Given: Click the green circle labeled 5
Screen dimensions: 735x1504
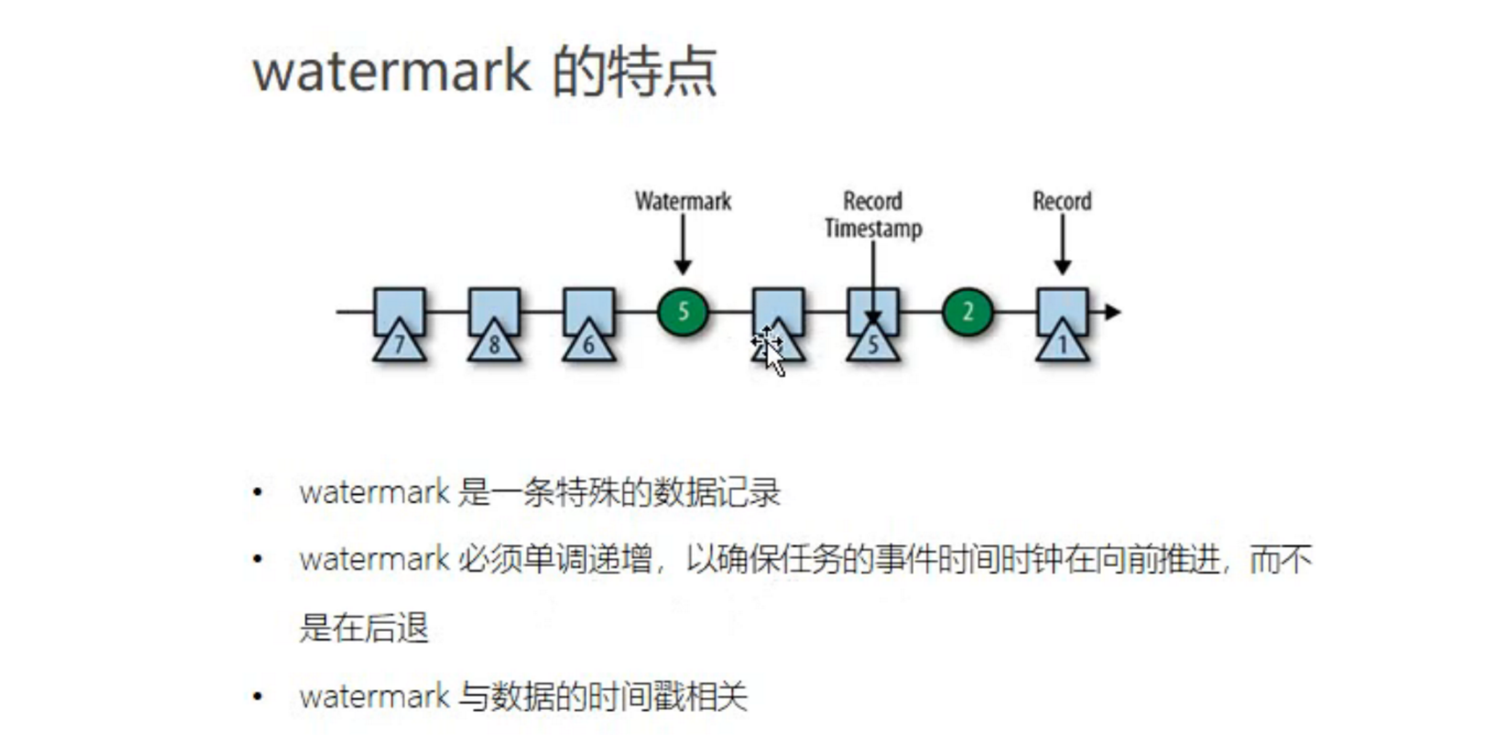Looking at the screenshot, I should click(x=682, y=311).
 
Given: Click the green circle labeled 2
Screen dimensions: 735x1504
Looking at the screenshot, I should click(x=967, y=311).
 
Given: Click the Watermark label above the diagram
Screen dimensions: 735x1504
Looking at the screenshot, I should click(x=682, y=201).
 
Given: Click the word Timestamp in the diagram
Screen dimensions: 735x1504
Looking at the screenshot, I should click(x=873, y=228).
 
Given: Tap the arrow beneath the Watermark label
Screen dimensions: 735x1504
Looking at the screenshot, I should click(x=682, y=246).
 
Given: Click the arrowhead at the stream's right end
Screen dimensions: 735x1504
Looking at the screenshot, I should click(x=1112, y=312).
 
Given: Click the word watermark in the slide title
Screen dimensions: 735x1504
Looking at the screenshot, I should click(x=392, y=72).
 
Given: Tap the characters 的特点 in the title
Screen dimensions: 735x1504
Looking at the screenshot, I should click(x=634, y=72).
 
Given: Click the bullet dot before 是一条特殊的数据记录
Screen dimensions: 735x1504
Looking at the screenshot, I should click(x=258, y=492).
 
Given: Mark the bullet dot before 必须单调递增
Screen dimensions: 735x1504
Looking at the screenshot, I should click(x=258, y=559).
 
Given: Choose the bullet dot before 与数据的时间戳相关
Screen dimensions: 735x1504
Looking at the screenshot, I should click(x=258, y=696).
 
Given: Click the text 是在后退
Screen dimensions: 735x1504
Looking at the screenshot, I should click(x=363, y=628).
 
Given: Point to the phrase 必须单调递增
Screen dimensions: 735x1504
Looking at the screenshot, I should click(x=554, y=560).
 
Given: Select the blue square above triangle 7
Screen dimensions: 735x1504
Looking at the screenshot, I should click(x=399, y=305).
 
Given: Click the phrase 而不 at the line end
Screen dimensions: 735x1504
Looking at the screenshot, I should click(x=1281, y=560).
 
